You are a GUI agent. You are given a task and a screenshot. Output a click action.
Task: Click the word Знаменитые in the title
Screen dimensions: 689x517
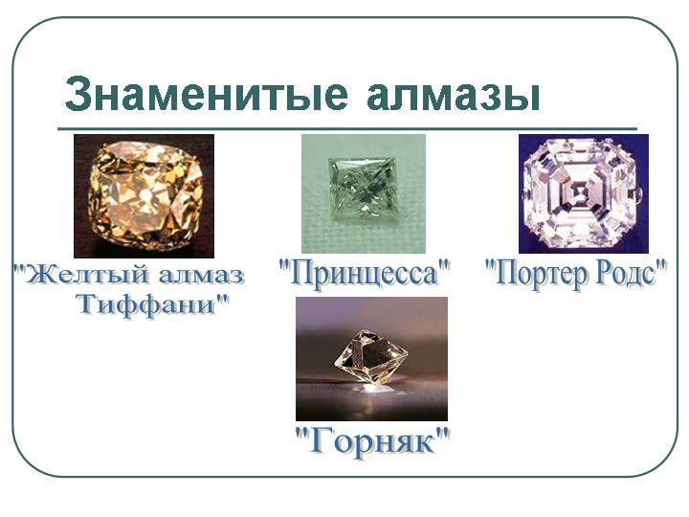click(x=206, y=94)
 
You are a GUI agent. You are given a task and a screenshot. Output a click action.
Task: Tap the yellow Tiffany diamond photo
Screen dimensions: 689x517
click(x=144, y=196)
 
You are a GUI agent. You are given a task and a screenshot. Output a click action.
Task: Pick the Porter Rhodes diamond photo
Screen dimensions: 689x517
click(x=584, y=193)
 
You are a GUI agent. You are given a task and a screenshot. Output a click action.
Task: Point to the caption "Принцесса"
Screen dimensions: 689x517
click(x=365, y=274)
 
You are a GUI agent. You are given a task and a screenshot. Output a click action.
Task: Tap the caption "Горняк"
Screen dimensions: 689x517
click(x=372, y=441)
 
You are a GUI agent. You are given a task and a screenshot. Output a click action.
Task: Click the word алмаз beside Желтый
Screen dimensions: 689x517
click(x=201, y=277)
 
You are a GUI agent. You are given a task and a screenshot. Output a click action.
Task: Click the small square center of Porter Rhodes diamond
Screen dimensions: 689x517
click(x=580, y=191)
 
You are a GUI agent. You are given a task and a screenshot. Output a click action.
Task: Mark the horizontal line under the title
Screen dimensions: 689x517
click(x=347, y=129)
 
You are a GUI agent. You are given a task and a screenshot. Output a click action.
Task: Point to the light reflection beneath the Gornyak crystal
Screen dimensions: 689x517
click(x=373, y=388)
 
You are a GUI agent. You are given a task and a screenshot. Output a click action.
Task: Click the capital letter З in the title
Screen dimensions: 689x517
click(x=79, y=94)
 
